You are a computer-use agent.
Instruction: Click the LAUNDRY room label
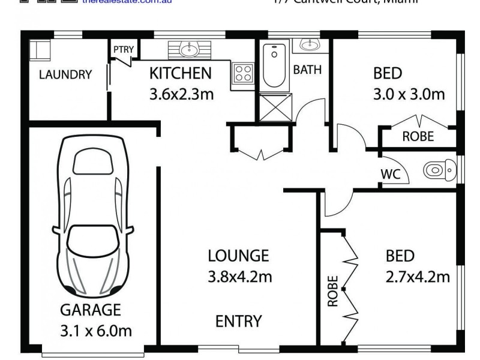65,75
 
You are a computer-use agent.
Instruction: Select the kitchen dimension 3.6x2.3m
180,94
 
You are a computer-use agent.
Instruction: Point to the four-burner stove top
243,73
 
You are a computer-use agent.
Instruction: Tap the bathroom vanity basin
310,44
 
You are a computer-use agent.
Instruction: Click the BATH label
307,70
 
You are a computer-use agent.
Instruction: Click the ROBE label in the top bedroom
418,136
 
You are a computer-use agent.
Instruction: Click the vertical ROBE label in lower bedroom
333,291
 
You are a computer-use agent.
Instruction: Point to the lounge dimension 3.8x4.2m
238,277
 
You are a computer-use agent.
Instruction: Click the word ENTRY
238,321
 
